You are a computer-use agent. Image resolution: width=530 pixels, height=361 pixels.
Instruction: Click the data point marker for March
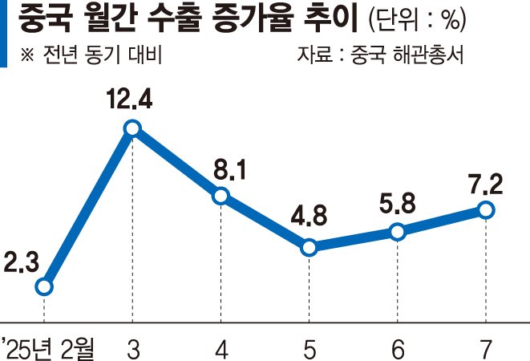pos(132,128)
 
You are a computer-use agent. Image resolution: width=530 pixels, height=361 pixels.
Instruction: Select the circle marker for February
pos(44,286)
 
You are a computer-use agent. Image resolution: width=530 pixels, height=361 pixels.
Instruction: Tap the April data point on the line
pos(220,196)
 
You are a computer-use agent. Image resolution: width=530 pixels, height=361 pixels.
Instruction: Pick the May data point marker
pos(310,248)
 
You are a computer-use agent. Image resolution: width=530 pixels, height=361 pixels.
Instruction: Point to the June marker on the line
pos(398,232)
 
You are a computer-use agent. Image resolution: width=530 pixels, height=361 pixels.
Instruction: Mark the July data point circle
pos(485,209)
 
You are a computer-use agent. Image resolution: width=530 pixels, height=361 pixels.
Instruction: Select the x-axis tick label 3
pos(132,347)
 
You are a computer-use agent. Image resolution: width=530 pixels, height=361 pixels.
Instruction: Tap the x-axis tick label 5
pos(310,347)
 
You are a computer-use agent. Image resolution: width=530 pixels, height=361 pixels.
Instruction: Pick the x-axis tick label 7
pos(486,347)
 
